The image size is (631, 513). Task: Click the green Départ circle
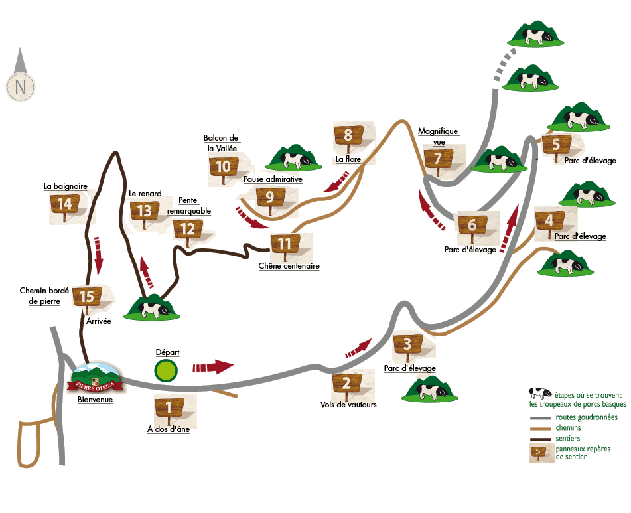click(166, 370)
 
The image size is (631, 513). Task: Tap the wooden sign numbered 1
click(169, 407)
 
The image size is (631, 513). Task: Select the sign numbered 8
click(348, 136)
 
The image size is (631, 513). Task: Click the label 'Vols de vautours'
click(348, 405)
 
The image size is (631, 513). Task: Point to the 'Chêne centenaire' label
click(289, 266)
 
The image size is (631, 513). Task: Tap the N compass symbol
click(21, 86)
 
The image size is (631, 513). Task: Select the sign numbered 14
click(65, 204)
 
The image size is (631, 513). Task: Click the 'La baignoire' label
click(66, 186)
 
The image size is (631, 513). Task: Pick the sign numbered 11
click(285, 244)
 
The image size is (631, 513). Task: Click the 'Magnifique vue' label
click(438, 137)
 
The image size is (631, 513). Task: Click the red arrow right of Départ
click(213, 366)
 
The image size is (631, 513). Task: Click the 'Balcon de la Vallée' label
click(221, 143)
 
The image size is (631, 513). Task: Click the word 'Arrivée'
click(98, 321)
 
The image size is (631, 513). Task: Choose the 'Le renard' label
click(145, 194)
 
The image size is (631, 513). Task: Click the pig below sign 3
click(427, 390)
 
